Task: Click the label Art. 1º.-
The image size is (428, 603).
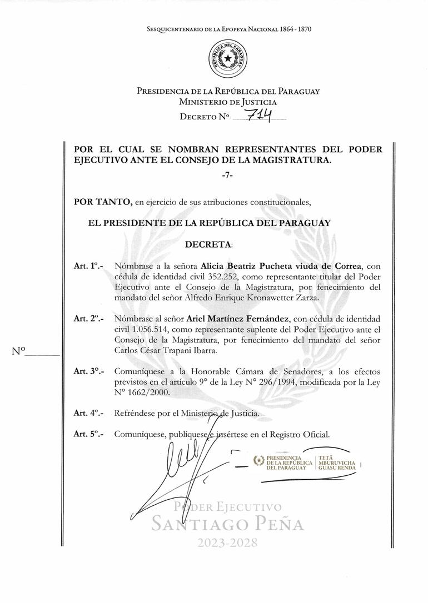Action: click(x=88, y=267)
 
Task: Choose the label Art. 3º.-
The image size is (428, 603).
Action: click(x=88, y=371)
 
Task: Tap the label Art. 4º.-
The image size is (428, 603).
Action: click(x=88, y=414)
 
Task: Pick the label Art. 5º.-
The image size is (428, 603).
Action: click(x=88, y=435)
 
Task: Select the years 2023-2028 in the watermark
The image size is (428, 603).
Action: click(x=228, y=544)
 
